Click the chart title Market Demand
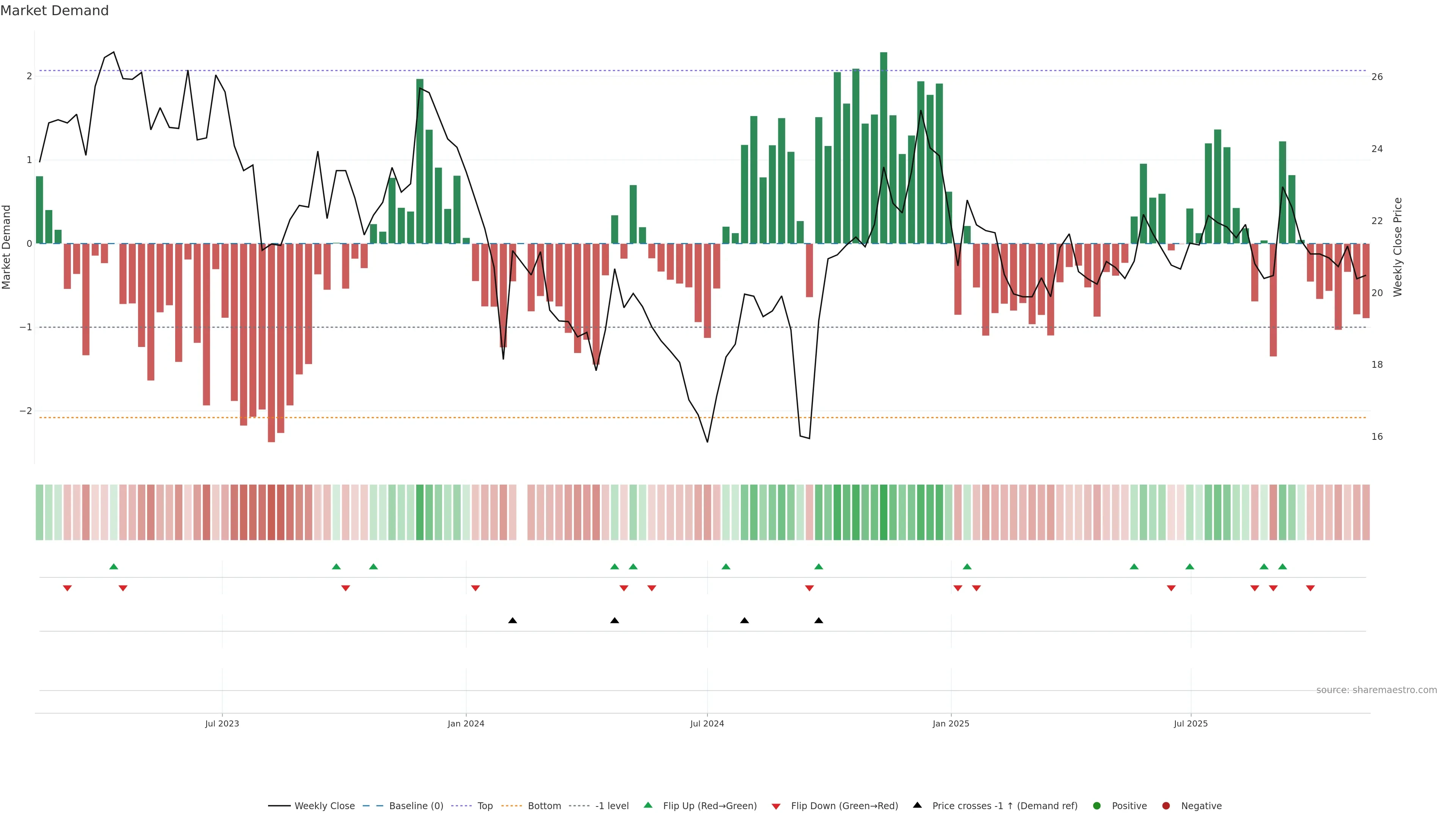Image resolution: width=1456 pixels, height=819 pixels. point(54,11)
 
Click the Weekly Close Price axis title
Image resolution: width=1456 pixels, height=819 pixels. point(1398,247)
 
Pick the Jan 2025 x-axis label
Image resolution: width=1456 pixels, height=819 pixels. point(951,723)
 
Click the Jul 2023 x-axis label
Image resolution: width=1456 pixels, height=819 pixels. point(222,723)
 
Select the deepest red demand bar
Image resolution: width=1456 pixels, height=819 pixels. point(271,342)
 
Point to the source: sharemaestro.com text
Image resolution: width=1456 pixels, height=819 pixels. point(1376,690)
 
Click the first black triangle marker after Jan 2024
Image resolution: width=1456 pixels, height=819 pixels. point(513,621)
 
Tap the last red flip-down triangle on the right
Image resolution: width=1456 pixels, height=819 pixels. point(1310,588)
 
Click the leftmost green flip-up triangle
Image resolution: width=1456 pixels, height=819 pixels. point(114,566)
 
